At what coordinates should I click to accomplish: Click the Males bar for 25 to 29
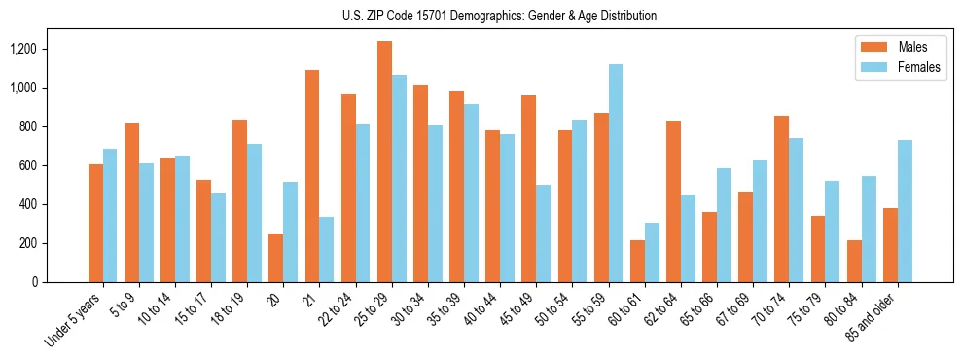(384, 162)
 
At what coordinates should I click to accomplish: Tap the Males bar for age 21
(312, 176)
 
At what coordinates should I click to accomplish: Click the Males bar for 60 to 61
(637, 261)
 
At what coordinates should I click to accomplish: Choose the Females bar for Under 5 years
(110, 215)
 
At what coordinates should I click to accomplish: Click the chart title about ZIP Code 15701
(499, 16)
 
